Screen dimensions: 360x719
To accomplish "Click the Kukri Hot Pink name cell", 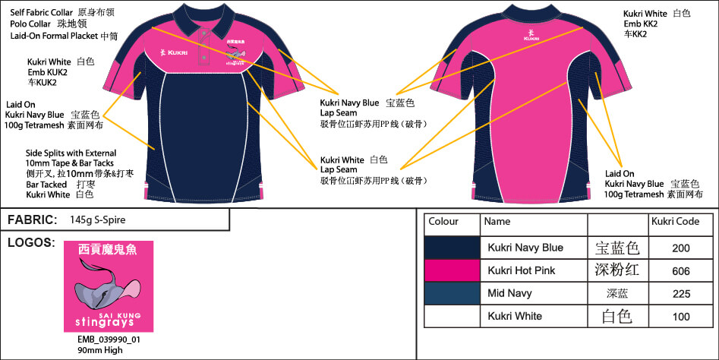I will (x=523, y=270).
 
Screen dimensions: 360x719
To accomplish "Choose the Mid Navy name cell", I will (x=510, y=292).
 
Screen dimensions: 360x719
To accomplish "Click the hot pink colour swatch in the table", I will (x=452, y=270).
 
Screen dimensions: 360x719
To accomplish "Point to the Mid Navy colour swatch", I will (x=452, y=292).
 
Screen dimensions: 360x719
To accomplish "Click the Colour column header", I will (x=443, y=223).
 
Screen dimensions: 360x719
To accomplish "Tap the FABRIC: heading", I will (x=33, y=219).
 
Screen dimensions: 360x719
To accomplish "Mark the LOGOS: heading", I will (x=30, y=243).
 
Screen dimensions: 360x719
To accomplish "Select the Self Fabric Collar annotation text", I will (x=43, y=13).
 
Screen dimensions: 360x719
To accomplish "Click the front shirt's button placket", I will (x=204, y=46).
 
